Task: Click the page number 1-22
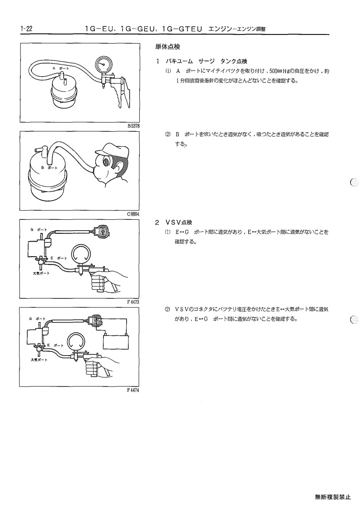click(26, 29)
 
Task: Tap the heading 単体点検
click(168, 47)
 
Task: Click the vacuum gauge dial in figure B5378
click(104, 65)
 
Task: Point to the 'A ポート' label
click(61, 68)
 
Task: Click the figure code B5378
click(133, 125)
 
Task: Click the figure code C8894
click(133, 214)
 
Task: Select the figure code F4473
click(133, 302)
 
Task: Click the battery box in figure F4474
click(116, 342)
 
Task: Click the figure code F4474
click(133, 390)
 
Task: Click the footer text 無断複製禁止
click(333, 497)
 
